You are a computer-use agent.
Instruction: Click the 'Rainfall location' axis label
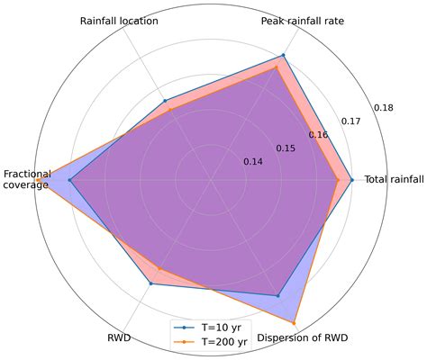click(119, 20)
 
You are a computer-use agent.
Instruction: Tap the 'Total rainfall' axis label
click(394, 180)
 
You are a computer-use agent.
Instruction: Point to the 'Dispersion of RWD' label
click(302, 338)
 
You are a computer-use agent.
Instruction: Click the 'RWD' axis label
click(118, 339)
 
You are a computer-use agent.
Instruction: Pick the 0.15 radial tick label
click(286, 148)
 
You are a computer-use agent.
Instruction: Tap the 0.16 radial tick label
click(318, 134)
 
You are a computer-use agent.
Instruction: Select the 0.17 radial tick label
click(350, 120)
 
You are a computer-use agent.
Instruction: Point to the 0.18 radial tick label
click(383, 108)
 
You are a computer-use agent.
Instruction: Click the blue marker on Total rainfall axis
click(351, 178)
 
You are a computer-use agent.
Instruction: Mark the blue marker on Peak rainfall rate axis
click(283, 56)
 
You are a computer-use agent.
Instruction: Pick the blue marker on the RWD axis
click(150, 284)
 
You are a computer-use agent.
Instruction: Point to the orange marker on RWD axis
click(159, 268)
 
